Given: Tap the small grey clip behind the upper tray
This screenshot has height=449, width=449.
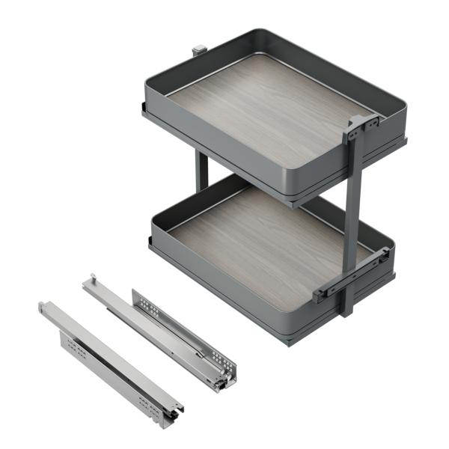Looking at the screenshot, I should (199, 50).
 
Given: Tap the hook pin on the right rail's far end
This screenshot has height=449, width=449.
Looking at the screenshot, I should (92, 278).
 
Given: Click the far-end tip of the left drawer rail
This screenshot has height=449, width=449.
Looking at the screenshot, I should (43, 306).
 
